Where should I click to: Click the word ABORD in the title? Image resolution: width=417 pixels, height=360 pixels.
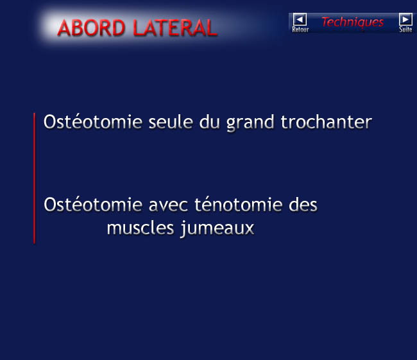(91, 28)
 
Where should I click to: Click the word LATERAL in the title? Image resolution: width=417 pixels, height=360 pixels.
(175, 28)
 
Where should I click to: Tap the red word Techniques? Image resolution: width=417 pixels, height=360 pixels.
(353, 22)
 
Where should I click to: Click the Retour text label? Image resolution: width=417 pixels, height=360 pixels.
(300, 30)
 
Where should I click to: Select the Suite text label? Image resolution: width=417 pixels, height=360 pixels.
(405, 30)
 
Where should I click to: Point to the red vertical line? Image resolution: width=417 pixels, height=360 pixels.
(34, 178)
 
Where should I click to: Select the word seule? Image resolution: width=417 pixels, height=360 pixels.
(171, 122)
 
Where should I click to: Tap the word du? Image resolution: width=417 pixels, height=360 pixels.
(210, 122)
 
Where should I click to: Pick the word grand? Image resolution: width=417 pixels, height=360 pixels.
(250, 123)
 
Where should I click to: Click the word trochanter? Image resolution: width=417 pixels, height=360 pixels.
(327, 122)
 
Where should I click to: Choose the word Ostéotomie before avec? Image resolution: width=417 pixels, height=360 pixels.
(93, 205)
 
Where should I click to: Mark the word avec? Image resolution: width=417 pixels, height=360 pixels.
(168, 206)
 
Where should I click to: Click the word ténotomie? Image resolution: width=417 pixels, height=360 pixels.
(239, 204)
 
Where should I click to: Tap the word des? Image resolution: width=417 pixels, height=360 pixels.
(303, 205)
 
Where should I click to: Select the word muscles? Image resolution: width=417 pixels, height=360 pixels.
(140, 228)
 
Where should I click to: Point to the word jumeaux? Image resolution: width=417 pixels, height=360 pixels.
(217, 229)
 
